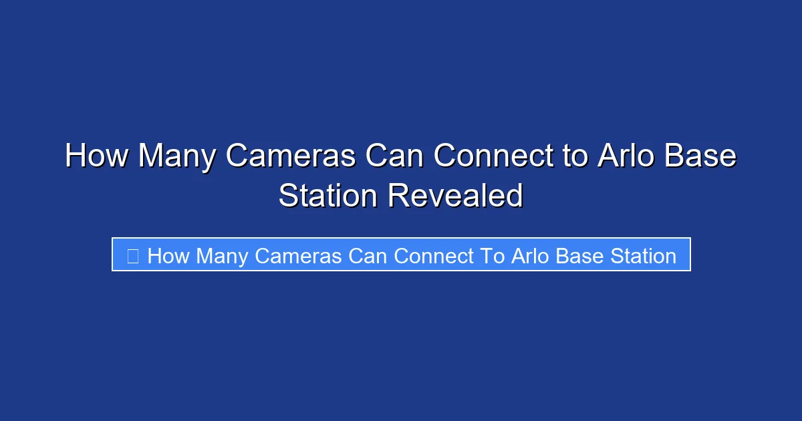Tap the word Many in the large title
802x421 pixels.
(177, 157)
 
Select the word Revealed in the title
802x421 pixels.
(455, 196)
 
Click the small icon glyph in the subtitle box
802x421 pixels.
(132, 255)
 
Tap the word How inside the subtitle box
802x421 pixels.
(168, 255)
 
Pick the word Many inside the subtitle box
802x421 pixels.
(223, 255)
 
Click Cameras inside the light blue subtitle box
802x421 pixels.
(299, 255)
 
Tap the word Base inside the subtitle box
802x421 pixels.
(580, 255)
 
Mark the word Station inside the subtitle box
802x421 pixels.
(643, 255)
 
